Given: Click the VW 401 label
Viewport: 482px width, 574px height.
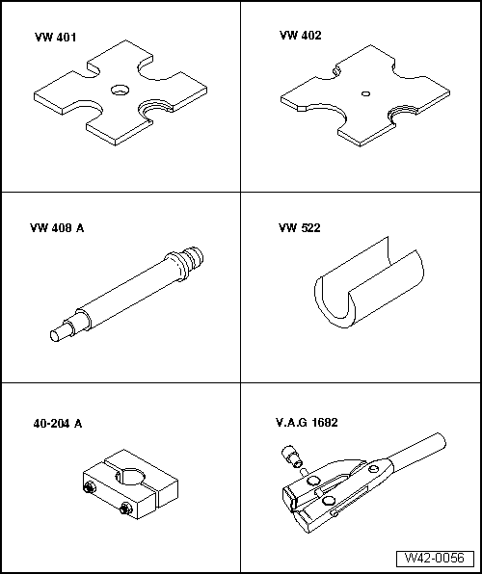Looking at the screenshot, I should coord(55,39).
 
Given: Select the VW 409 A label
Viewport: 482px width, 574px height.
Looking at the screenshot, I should coord(60,229).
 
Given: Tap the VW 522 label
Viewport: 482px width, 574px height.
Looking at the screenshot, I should coord(299,229).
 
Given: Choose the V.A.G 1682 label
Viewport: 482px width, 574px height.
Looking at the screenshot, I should coord(307,422).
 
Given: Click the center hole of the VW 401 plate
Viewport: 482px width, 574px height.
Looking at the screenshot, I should coord(120,90).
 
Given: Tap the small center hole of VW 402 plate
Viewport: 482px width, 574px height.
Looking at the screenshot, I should coord(364,93).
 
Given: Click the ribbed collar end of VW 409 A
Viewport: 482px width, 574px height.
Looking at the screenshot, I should coord(188,259).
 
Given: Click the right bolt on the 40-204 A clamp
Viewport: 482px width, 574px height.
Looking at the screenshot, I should coord(125,508).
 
